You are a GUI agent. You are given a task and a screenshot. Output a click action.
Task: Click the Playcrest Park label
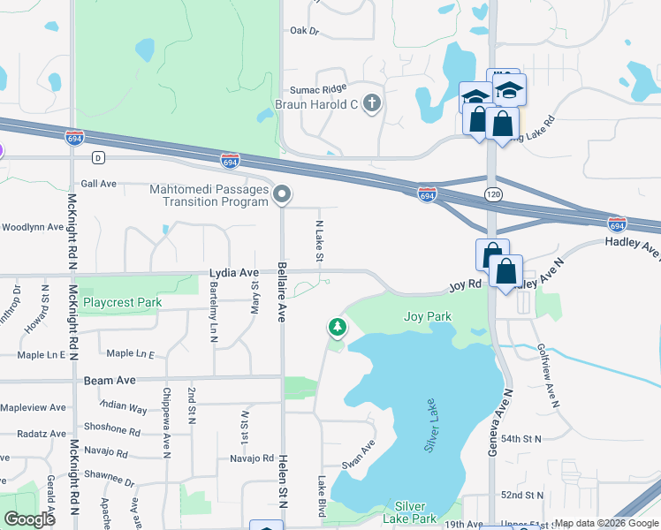point(122,302)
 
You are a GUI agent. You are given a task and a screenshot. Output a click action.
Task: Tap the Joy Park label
point(427,316)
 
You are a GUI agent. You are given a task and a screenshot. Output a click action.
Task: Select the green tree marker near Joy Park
point(337,328)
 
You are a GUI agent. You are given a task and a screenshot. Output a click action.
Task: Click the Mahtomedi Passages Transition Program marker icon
point(282,193)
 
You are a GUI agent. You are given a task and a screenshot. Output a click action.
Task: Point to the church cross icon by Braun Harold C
point(372,103)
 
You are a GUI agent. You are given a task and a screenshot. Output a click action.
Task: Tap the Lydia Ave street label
point(233,274)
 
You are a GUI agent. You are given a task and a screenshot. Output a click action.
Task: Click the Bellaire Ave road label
point(281,291)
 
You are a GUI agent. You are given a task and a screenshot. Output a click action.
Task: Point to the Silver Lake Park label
point(416,511)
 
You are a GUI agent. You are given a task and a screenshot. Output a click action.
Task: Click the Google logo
point(29,519)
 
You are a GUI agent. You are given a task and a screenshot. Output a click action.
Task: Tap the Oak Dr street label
point(303,30)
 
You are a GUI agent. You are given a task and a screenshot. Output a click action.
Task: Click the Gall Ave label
point(98,184)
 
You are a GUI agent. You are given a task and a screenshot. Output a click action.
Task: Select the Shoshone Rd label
point(110,432)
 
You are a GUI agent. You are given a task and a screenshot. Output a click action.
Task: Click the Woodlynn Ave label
point(33,227)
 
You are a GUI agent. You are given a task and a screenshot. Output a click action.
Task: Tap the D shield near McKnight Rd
point(98,157)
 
